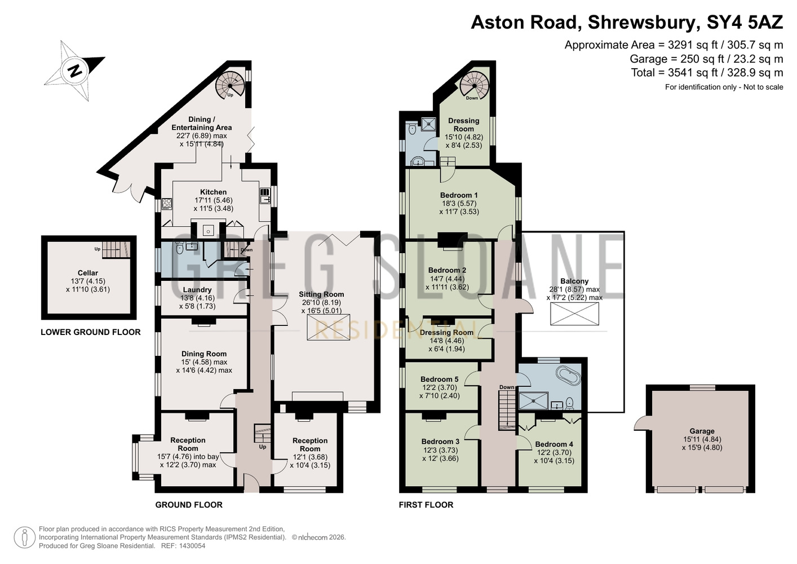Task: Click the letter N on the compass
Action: click(75, 71)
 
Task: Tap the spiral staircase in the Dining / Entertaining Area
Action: click(231, 86)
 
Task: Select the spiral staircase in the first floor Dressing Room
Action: click(474, 86)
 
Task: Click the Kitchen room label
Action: click(214, 192)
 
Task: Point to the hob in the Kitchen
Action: click(167, 204)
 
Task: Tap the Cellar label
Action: click(88, 273)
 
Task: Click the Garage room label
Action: click(702, 431)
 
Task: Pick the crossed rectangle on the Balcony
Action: click(574, 314)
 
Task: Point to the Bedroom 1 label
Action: click(459, 195)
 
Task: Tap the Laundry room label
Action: click(197, 290)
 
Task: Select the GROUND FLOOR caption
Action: click(189, 505)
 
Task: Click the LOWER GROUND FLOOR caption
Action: click(91, 332)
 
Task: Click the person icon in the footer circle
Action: click(24, 537)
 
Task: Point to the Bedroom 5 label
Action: click(440, 379)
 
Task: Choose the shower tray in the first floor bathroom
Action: click(533, 400)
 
